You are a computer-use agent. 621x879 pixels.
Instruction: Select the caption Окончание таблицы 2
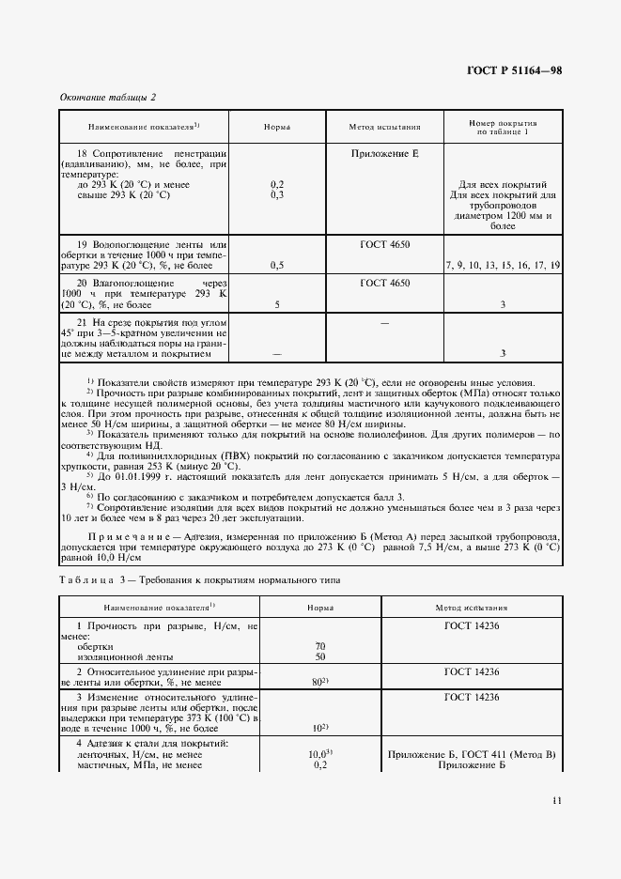[108, 98]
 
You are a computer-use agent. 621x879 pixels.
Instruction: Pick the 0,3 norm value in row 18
[277, 194]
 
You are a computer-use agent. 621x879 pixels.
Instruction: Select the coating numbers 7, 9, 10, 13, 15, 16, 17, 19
[503, 266]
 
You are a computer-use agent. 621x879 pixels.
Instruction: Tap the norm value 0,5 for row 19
[277, 266]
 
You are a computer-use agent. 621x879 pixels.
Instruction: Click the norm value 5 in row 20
[277, 304]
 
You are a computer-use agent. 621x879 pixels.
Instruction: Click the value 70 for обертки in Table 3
[320, 646]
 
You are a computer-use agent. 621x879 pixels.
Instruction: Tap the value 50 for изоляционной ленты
[320, 656]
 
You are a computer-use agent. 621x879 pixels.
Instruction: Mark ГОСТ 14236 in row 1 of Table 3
[472, 625]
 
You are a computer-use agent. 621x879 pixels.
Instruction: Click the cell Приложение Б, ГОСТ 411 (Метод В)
[472, 754]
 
